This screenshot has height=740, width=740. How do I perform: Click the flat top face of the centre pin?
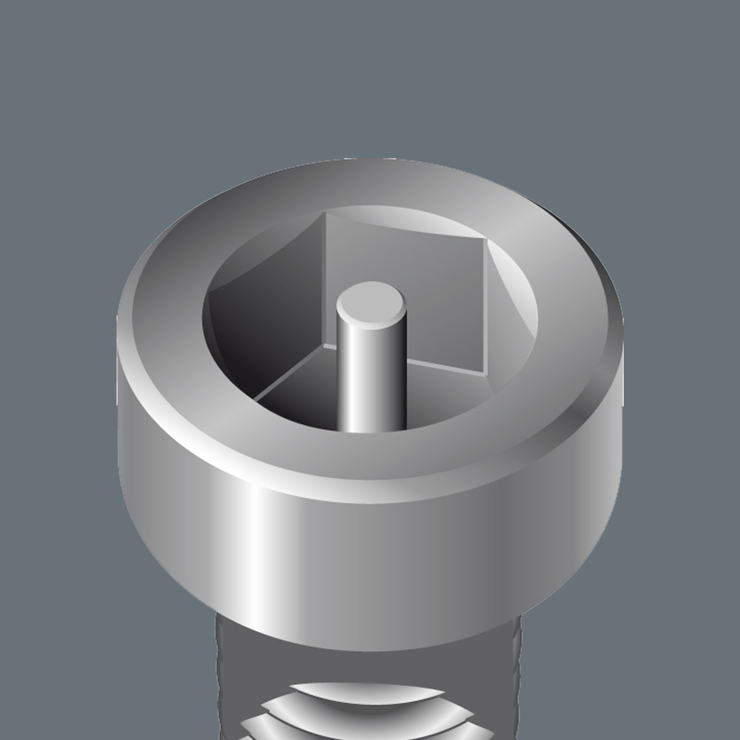click(371, 304)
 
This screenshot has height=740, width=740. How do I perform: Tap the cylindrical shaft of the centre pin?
click(371, 377)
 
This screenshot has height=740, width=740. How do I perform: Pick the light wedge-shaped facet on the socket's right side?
click(511, 303)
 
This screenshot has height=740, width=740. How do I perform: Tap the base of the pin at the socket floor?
click(371, 428)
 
